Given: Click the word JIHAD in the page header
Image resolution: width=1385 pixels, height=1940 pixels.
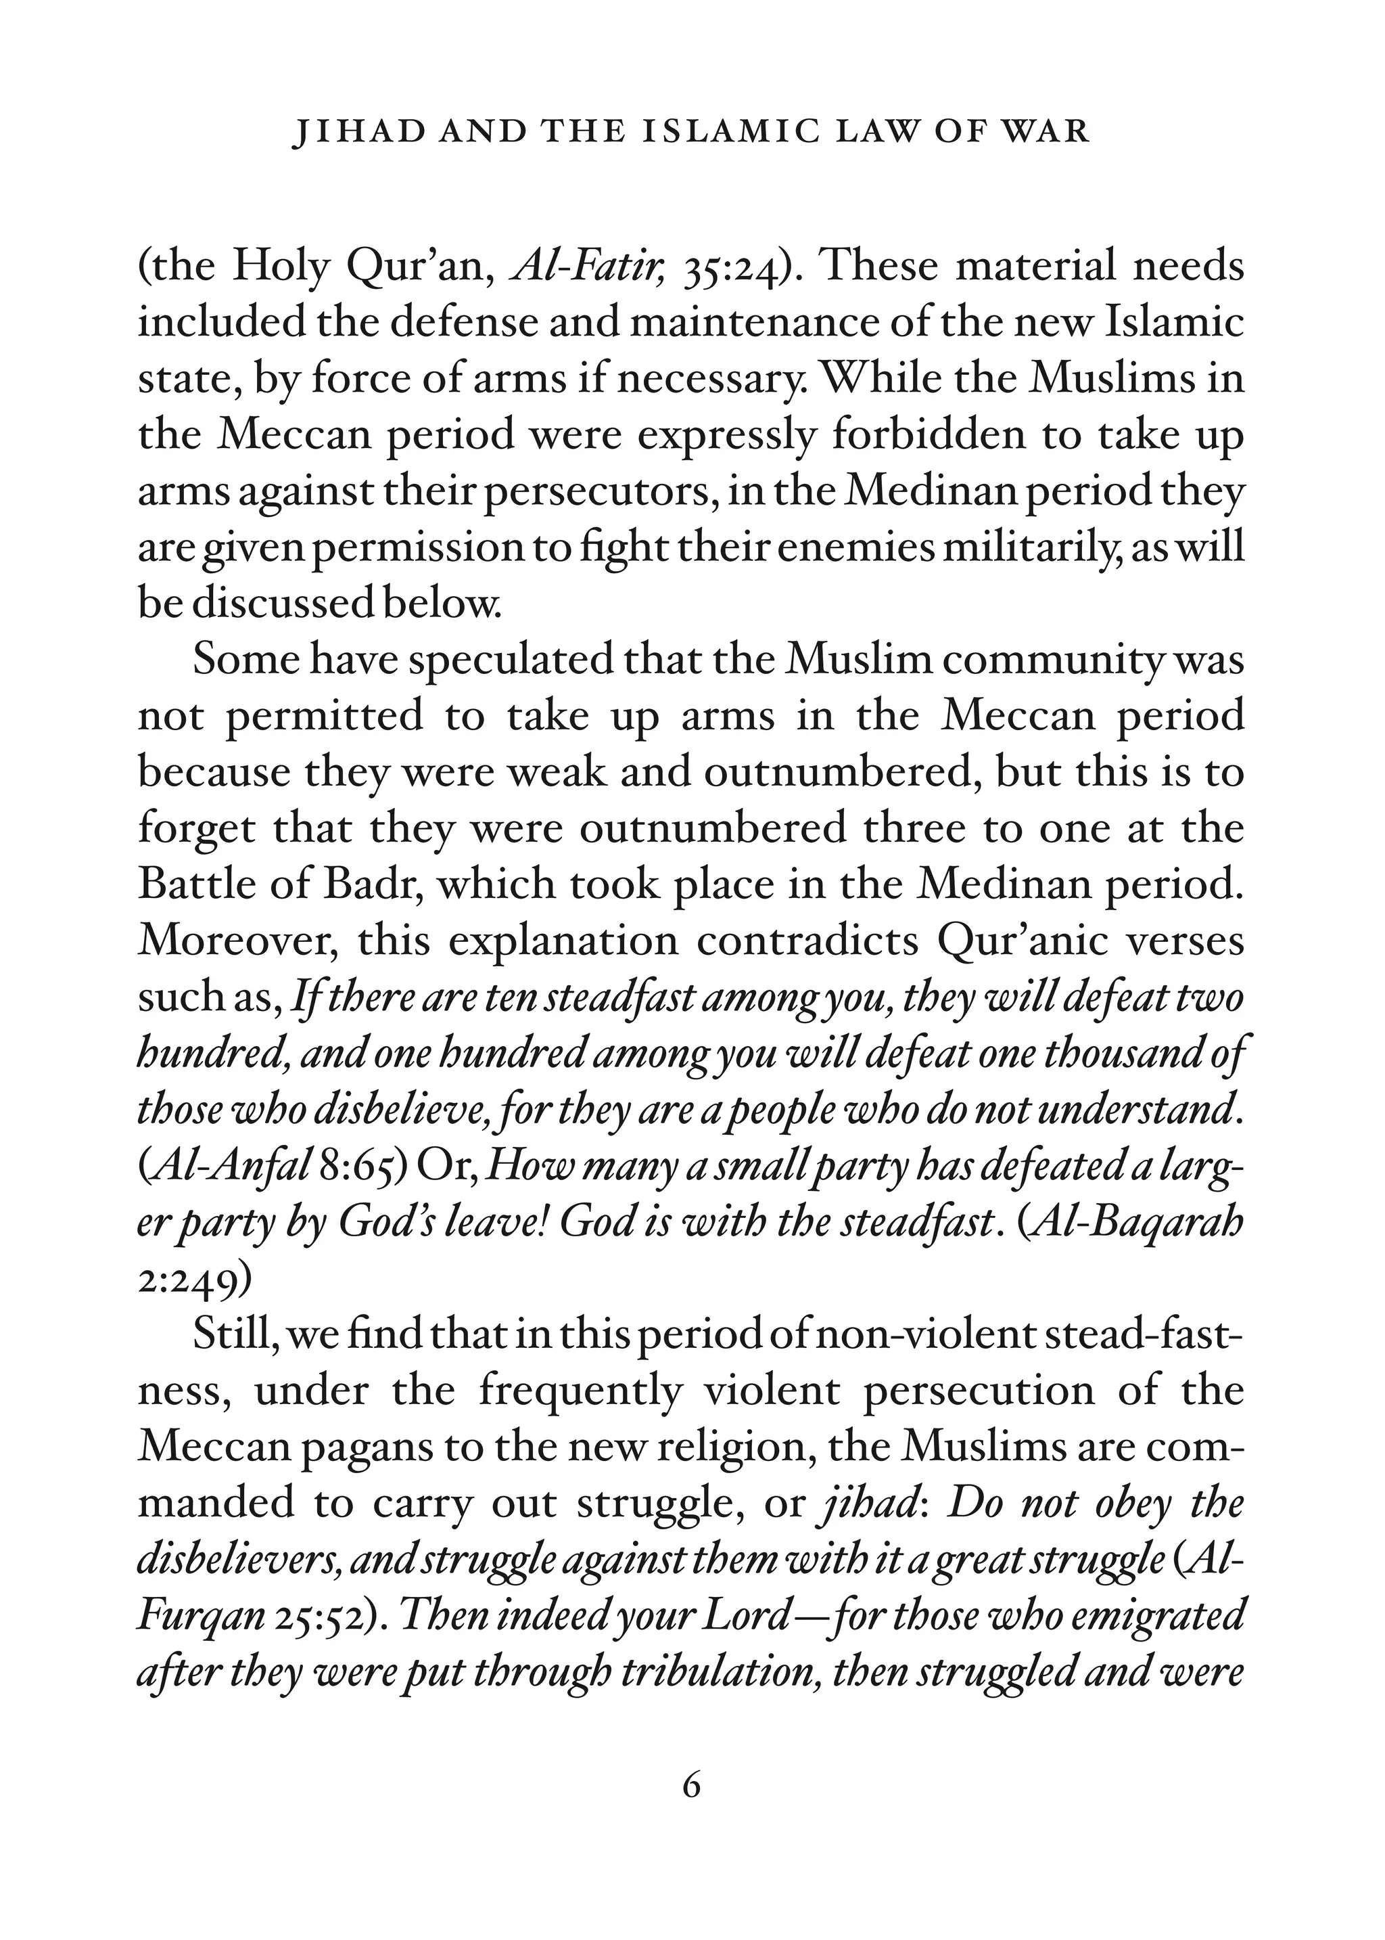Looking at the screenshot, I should (347, 132).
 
